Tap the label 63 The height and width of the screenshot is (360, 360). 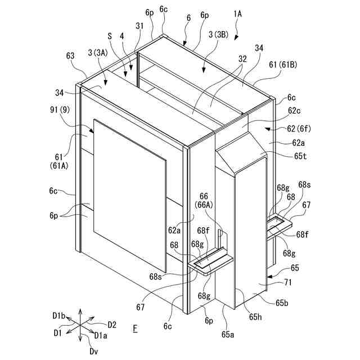point(71,56)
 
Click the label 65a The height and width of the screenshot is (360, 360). point(228,334)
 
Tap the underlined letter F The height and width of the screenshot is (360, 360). point(135,327)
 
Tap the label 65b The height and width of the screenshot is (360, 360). point(282,304)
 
